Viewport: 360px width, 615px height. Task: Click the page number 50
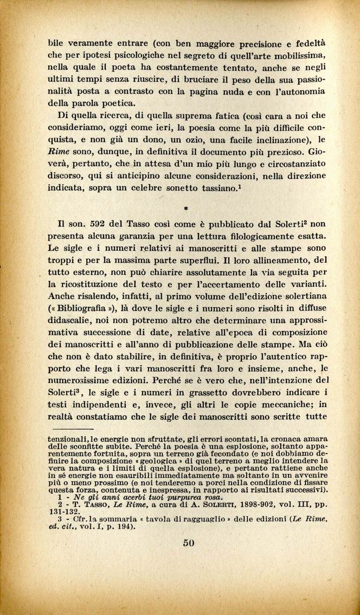pyautogui.click(x=189, y=543)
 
